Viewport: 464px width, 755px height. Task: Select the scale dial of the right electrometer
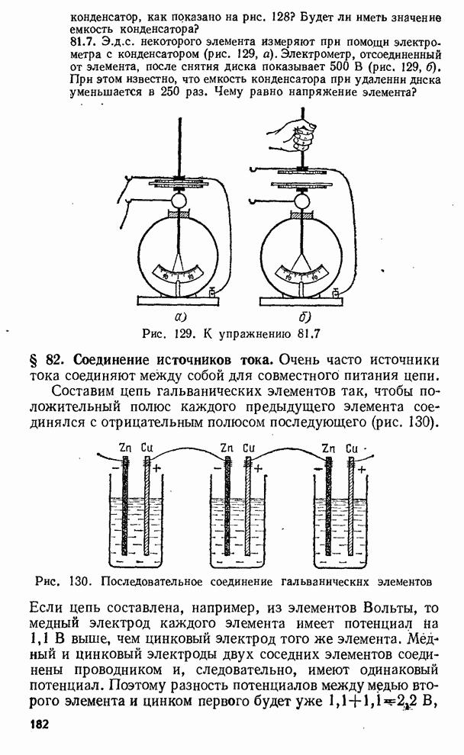click(304, 271)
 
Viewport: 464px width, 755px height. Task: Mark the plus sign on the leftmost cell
click(157, 467)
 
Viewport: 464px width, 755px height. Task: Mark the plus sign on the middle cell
click(258, 467)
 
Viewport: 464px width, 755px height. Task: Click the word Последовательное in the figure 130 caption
click(162, 581)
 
